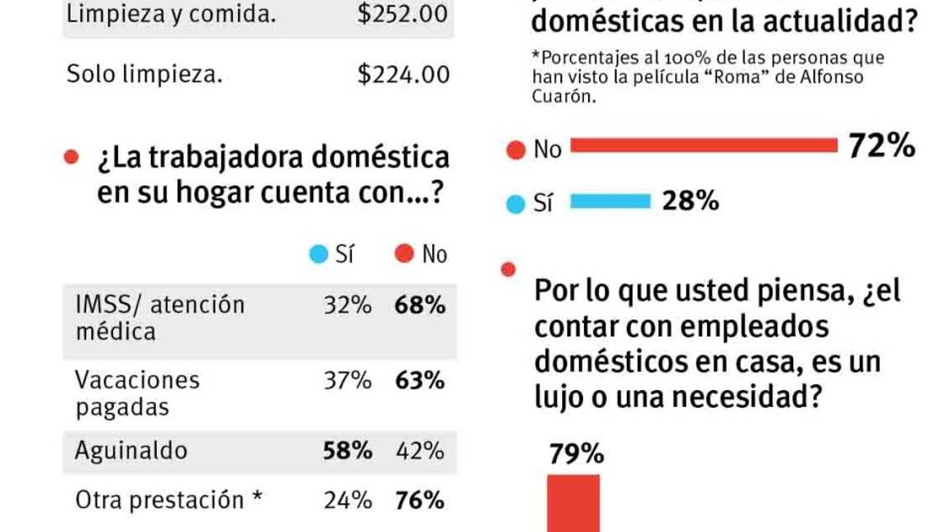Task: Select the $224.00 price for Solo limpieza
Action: pos(403,75)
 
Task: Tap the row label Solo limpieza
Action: pos(144,75)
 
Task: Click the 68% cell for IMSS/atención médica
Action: pos(419,305)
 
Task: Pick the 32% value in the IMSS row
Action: pos(347,305)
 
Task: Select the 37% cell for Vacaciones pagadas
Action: pos(347,380)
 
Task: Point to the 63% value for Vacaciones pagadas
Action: pos(419,380)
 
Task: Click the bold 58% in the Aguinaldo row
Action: pos(347,450)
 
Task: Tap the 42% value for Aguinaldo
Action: pos(419,450)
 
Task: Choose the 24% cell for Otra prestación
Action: pos(347,500)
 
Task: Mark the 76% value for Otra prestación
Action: pos(419,500)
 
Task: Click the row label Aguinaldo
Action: pos(131,450)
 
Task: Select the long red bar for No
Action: pos(703,146)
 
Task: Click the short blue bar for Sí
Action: pos(609,201)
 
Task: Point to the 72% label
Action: pos(881,146)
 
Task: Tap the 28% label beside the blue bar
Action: pos(691,200)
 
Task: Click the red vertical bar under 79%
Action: pos(573,502)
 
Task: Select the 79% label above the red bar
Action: pos(577,454)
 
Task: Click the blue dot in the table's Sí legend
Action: pos(318,255)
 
